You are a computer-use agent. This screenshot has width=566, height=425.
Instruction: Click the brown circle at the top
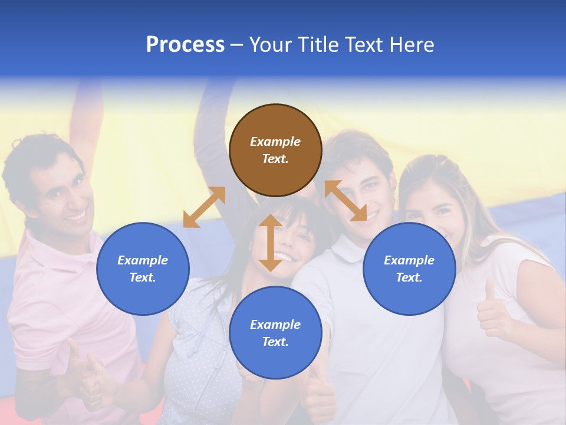(275, 150)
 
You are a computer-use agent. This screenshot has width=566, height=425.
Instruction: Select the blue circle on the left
(143, 269)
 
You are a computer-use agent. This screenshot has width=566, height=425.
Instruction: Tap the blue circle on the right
(409, 269)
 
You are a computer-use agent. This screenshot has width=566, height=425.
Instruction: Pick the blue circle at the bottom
(275, 333)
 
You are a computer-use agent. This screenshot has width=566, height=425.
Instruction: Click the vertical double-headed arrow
(271, 243)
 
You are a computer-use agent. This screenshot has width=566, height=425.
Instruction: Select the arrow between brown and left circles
(204, 207)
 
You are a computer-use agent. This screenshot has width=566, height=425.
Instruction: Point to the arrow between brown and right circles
(345, 201)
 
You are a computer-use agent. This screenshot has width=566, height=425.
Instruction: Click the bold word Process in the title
(185, 44)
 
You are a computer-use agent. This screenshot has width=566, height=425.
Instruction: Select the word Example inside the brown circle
(275, 142)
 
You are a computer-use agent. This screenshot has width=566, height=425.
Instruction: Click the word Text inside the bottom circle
(275, 342)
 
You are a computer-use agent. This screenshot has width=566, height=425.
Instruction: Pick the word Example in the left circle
(143, 260)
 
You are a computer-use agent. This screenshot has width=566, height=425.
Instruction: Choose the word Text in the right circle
(409, 277)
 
